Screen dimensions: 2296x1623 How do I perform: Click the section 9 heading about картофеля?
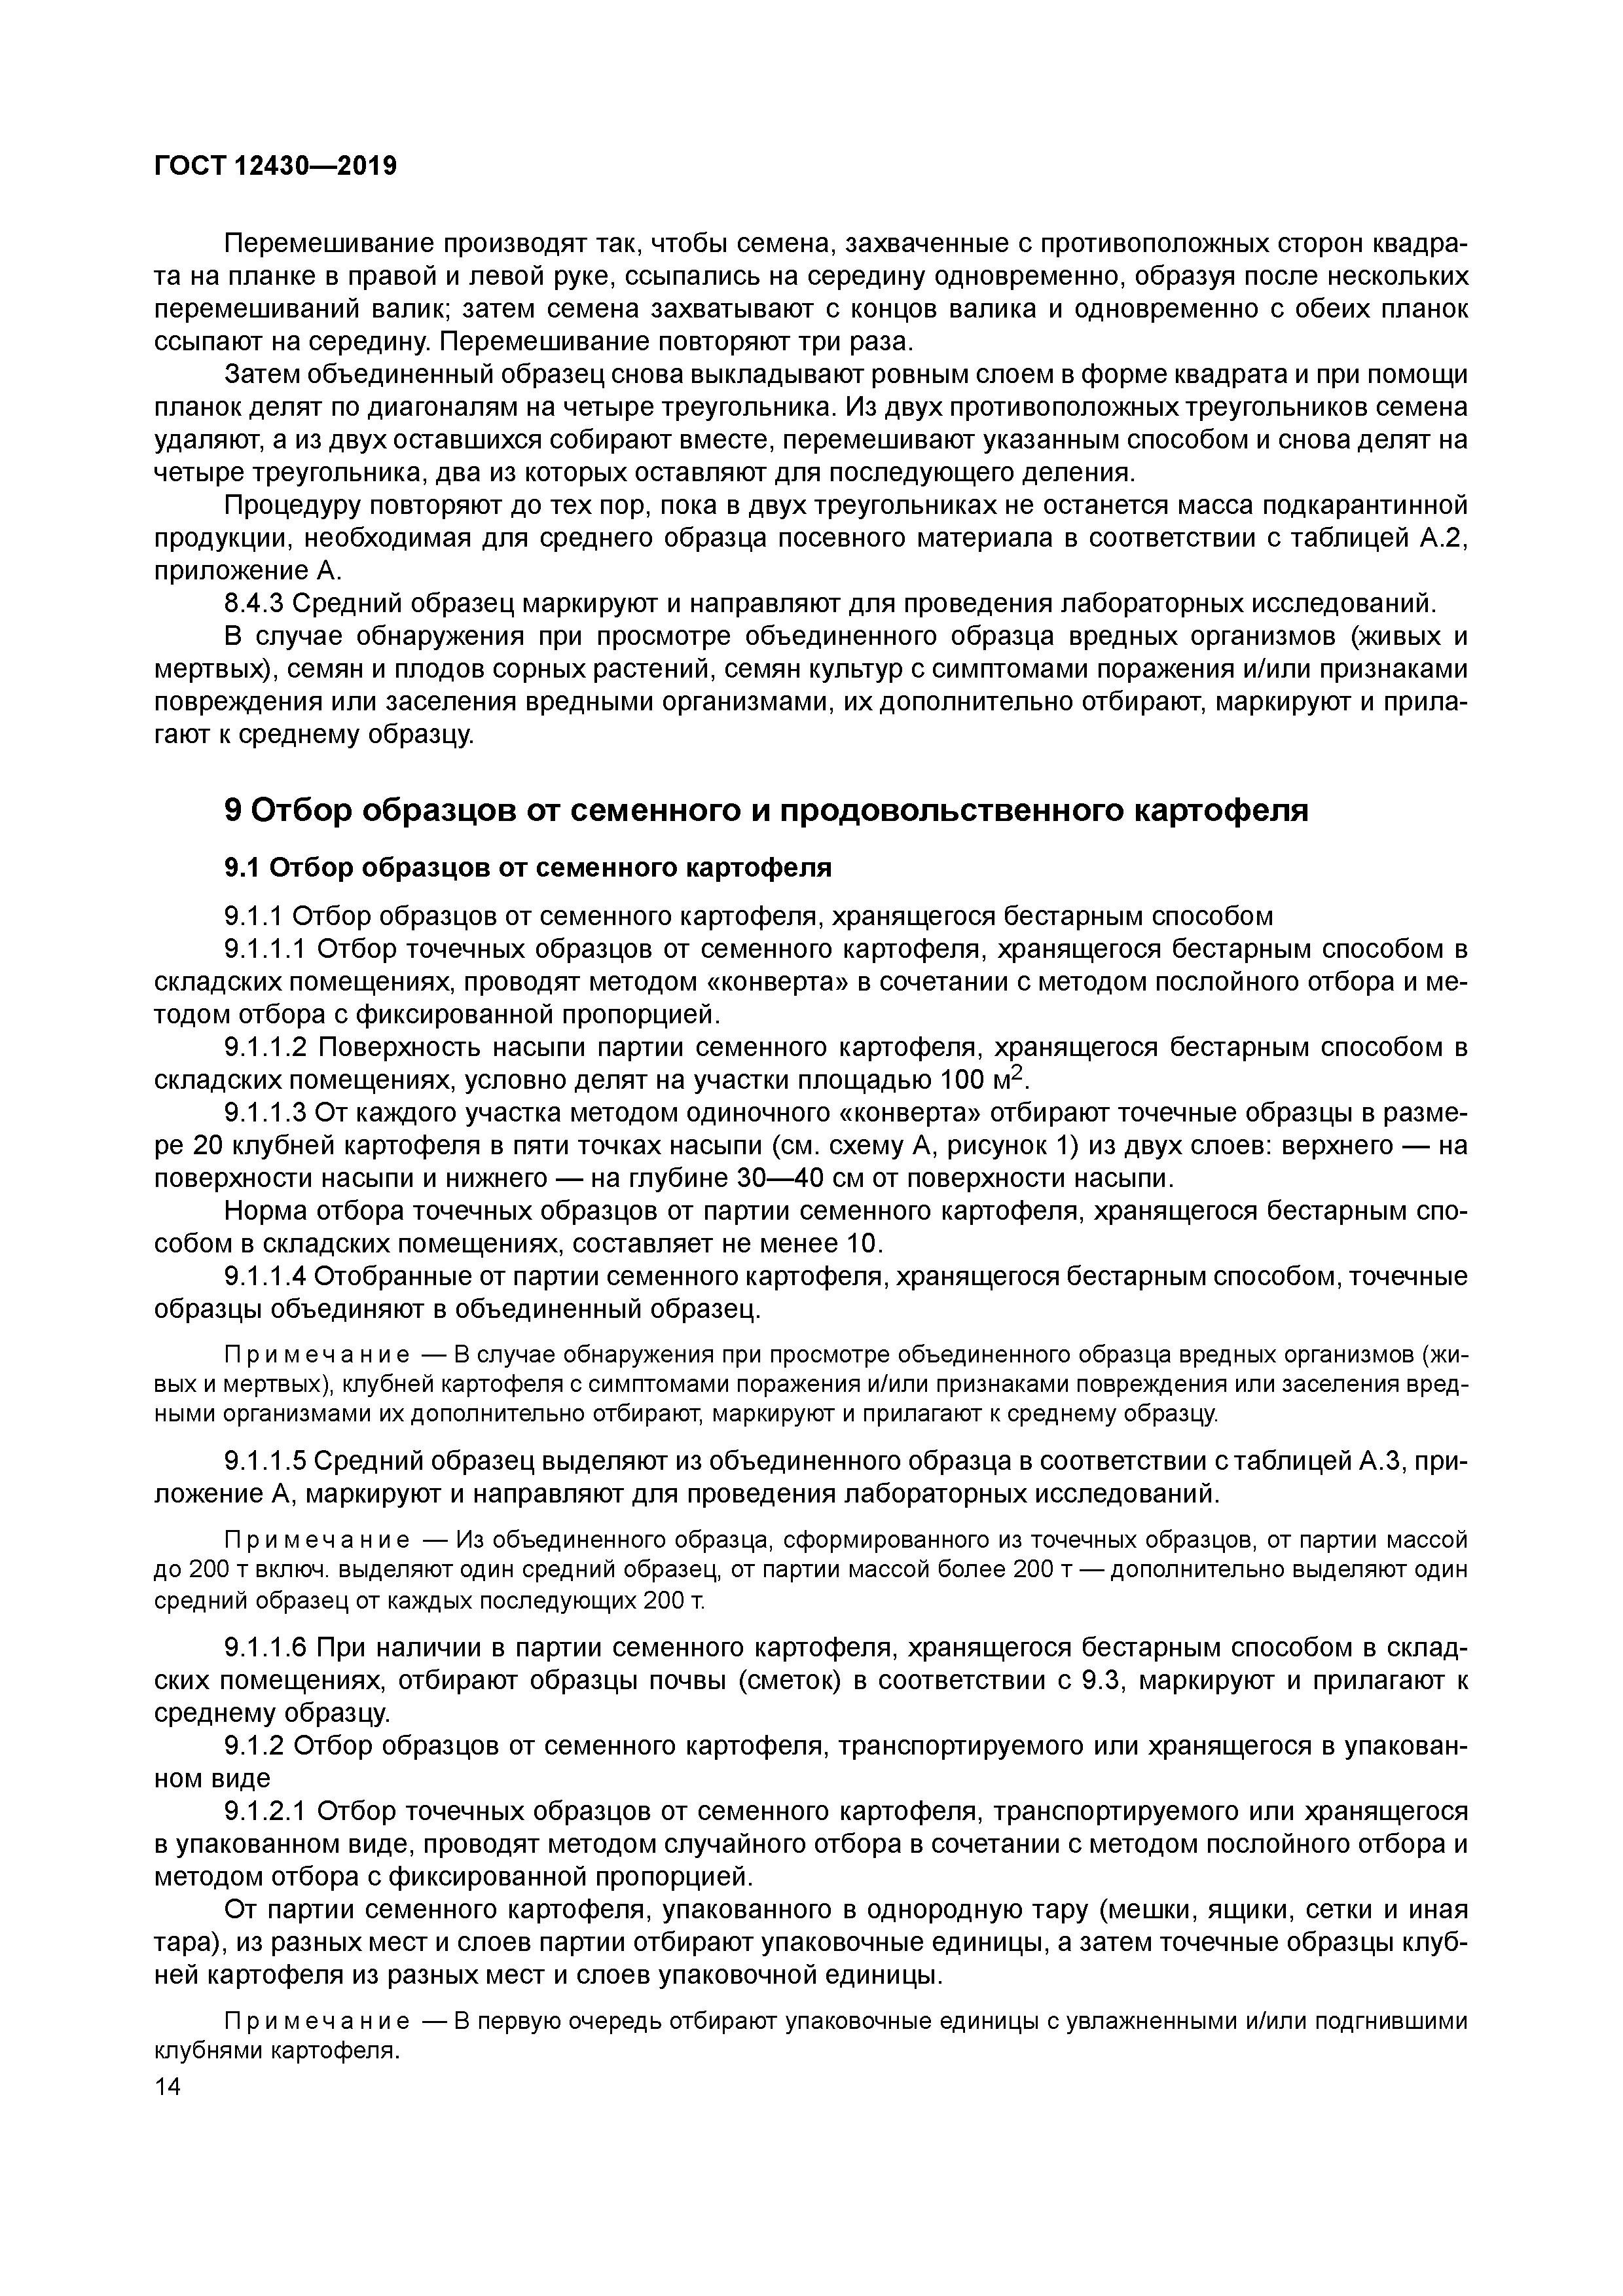tap(766, 810)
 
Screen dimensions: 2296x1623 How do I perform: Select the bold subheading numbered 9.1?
tap(527, 867)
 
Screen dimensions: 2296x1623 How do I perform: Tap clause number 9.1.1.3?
tap(265, 1113)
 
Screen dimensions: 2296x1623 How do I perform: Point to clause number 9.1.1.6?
tap(265, 1647)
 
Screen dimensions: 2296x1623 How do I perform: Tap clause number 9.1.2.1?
tap(265, 1811)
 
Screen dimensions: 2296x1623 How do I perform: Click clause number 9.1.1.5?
tap(265, 1462)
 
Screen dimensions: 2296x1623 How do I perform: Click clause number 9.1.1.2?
tap(265, 1048)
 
